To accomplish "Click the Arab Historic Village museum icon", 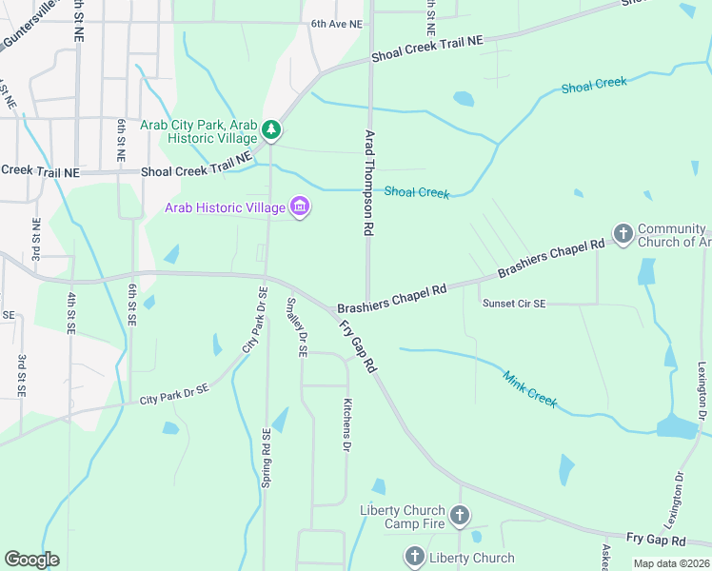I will pyautogui.click(x=300, y=207).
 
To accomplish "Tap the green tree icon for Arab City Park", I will pyautogui.click(x=271, y=128).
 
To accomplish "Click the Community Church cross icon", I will pyautogui.click(x=623, y=234).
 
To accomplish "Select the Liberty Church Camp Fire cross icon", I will pyautogui.click(x=460, y=517).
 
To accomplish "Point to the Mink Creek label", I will pyautogui.click(x=529, y=386).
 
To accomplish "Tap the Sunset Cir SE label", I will pyautogui.click(x=514, y=304).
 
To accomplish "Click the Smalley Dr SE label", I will pyautogui.click(x=296, y=326).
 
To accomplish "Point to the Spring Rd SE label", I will pyautogui.click(x=267, y=458).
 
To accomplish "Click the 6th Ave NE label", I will pyautogui.click(x=337, y=24).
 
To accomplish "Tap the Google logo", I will pyautogui.click(x=31, y=560).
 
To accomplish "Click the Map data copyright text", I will pyautogui.click(x=670, y=563).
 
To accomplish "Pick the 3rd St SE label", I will pyautogui.click(x=22, y=374).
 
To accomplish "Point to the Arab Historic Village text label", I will pyautogui.click(x=225, y=207).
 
